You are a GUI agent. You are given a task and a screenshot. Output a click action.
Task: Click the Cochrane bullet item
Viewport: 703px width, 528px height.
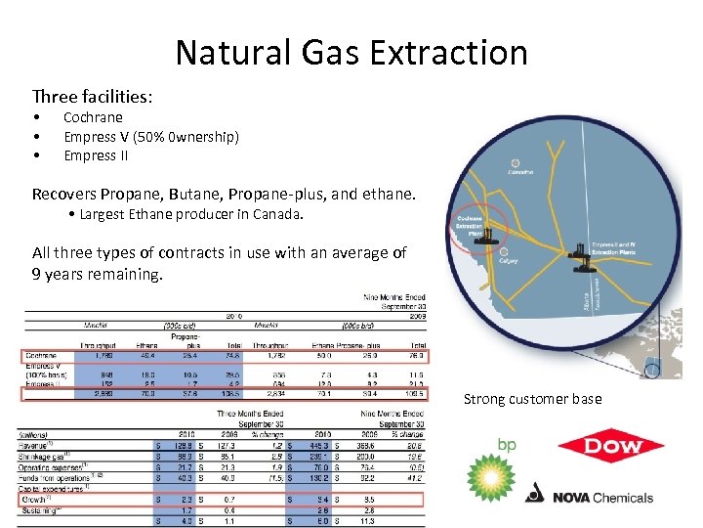click(x=94, y=117)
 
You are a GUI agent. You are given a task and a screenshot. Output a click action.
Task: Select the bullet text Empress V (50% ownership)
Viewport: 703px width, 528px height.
click(x=150, y=137)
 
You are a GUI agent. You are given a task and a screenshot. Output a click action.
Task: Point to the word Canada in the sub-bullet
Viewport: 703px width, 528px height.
click(x=279, y=213)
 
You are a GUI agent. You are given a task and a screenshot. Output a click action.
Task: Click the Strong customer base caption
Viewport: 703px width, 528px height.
click(x=532, y=399)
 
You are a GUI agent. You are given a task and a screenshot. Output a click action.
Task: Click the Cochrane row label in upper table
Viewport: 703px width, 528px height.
click(x=42, y=355)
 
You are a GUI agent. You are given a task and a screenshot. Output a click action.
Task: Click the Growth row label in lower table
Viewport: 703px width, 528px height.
click(x=37, y=499)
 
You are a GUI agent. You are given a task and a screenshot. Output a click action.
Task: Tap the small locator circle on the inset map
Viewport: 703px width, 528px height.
click(x=651, y=371)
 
